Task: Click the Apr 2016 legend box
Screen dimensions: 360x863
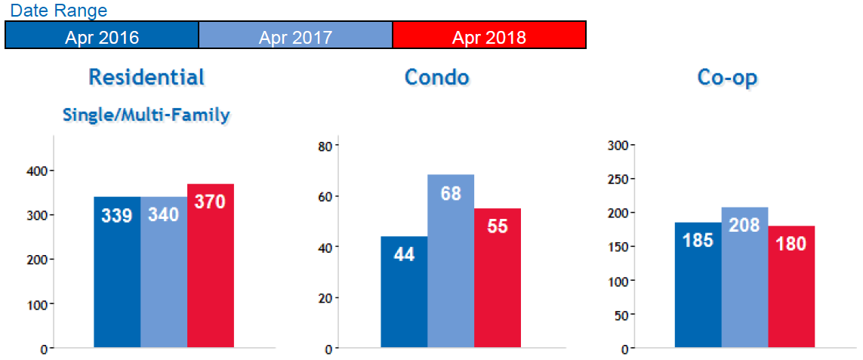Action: click(x=102, y=35)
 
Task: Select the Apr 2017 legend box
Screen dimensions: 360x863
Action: click(x=295, y=35)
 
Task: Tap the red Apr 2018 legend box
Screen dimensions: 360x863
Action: click(x=489, y=35)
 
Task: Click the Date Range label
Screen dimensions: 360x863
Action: click(x=59, y=11)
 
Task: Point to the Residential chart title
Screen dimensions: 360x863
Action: click(x=146, y=77)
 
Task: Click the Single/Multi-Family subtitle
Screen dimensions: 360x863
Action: click(x=146, y=115)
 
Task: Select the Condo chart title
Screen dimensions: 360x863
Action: click(x=436, y=77)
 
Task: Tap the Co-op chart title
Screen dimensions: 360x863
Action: click(x=727, y=78)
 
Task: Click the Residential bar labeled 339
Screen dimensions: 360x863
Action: click(x=117, y=272)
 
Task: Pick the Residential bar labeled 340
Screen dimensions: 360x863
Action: click(x=164, y=272)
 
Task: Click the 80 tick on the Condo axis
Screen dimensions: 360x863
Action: click(x=326, y=146)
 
